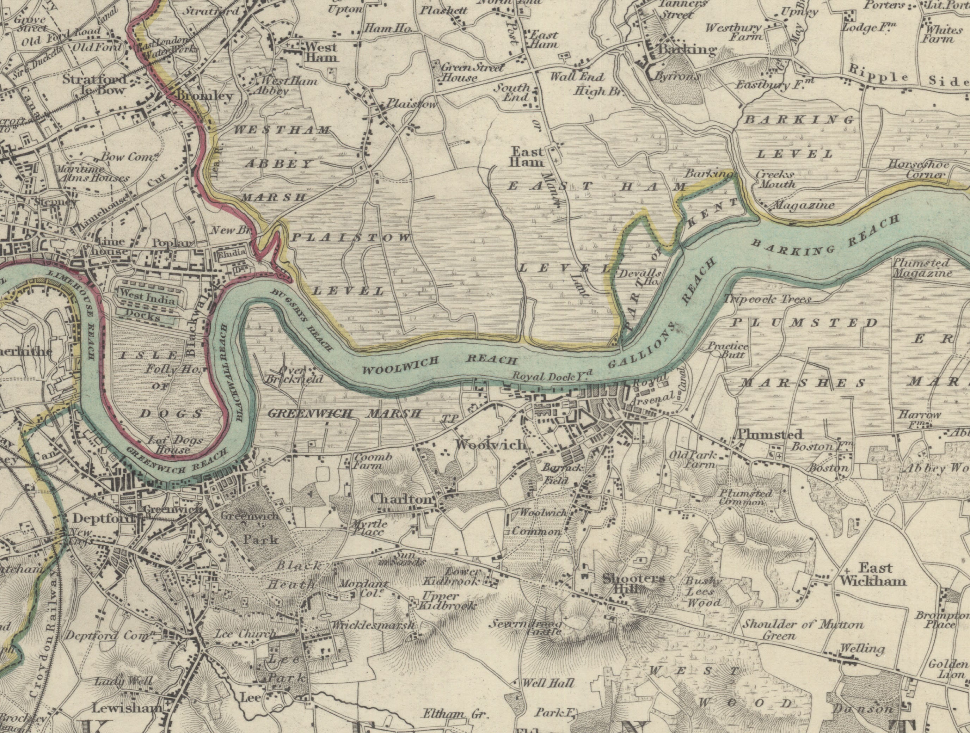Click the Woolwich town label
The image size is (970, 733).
(490, 444)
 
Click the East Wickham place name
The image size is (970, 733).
(872, 574)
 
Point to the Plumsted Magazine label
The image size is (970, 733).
(922, 268)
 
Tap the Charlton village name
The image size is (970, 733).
(401, 499)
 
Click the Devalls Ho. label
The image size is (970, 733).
(640, 277)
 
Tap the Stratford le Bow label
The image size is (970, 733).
(94, 85)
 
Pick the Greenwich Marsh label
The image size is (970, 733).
(344, 413)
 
